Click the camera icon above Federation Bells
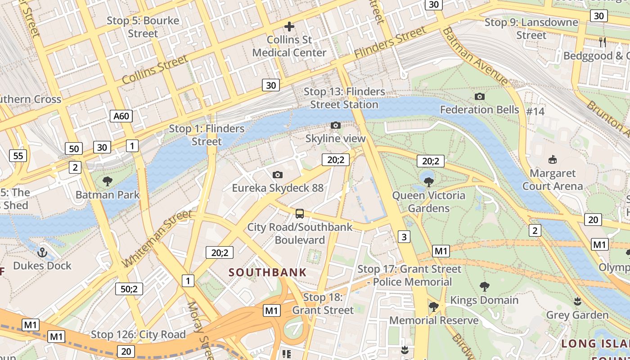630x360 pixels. [x=480, y=96]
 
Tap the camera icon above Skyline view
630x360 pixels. [x=335, y=126]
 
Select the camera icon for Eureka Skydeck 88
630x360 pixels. [x=278, y=175]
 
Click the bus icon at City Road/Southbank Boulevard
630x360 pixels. [x=300, y=213]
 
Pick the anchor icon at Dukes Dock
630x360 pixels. [x=42, y=252]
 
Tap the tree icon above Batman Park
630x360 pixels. [x=108, y=181]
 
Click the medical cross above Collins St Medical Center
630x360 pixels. [x=289, y=27]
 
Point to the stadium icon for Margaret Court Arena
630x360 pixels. [x=553, y=160]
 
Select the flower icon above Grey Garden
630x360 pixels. [x=577, y=301]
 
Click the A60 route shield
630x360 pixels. [x=121, y=116]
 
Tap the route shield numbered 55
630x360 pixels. [x=18, y=156]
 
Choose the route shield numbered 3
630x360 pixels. [x=404, y=237]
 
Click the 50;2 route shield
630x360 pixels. [x=129, y=289]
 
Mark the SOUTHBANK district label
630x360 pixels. [x=267, y=272]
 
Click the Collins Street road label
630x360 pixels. [x=155, y=69]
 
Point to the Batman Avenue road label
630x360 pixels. [x=475, y=56]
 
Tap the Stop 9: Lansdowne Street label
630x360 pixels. [x=531, y=28]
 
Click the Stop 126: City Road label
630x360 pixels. [x=138, y=334]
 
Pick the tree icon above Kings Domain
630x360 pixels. [x=484, y=287]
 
